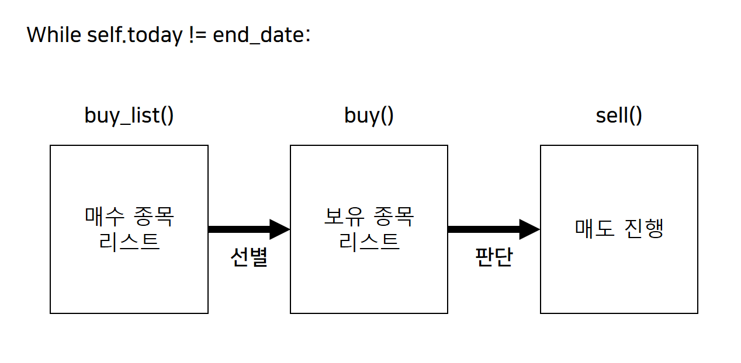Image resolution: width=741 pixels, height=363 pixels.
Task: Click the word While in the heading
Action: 54,35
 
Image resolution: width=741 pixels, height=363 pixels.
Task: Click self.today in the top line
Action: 134,35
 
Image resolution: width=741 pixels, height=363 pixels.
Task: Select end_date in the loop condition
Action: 260,35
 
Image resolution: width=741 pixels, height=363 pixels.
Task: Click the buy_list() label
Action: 129,116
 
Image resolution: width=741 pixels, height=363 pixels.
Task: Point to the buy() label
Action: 369,116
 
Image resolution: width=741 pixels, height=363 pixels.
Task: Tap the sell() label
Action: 619,116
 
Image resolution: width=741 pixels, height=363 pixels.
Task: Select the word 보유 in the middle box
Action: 344,217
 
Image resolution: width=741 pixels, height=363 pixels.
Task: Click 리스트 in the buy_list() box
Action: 129,241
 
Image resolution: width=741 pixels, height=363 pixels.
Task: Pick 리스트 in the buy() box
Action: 369,241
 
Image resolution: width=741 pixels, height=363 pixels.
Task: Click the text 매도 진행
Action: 619,229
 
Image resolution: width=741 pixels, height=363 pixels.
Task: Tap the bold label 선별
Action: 249,257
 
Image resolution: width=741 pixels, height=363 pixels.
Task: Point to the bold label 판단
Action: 494,257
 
